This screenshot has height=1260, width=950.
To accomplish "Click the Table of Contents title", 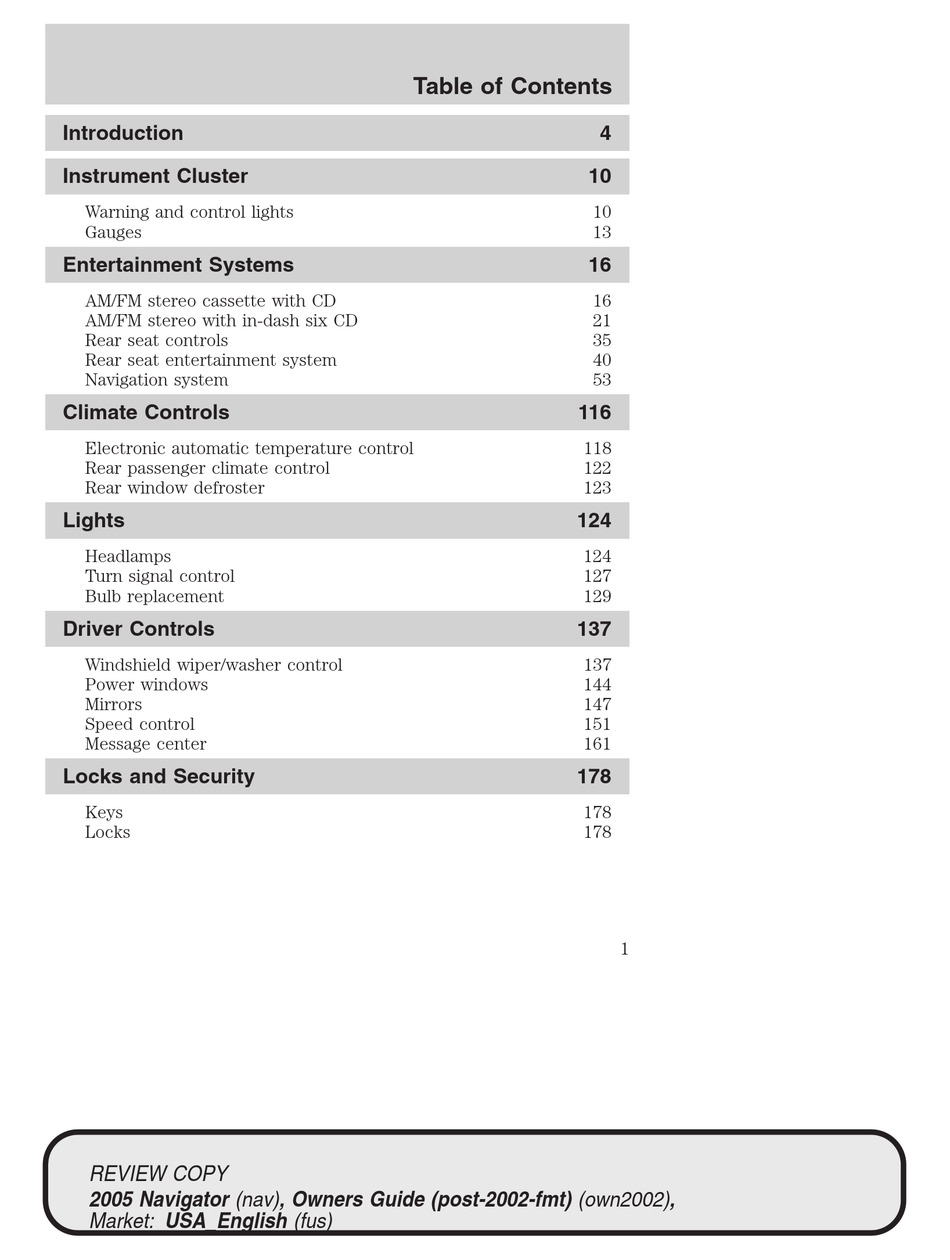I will point(512,87).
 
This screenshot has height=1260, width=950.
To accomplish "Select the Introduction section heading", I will point(123,133).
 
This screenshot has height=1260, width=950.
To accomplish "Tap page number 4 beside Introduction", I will point(605,133).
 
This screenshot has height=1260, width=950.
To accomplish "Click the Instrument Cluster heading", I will point(155,176).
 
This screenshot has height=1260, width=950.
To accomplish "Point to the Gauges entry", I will point(113,232).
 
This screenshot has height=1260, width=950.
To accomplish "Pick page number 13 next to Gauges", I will point(601,232).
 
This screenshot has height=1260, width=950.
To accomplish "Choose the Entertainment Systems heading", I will point(178,265).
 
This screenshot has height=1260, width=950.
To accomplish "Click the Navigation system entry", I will point(156,380).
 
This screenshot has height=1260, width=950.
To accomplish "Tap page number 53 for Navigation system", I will point(601,380).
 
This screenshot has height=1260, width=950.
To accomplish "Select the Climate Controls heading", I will point(146,412).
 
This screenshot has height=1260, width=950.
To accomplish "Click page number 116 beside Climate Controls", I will point(594,412).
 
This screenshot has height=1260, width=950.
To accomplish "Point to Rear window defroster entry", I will point(175,488).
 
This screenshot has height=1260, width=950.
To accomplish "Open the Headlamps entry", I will point(128,556).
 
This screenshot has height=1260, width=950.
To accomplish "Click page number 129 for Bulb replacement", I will point(597,596).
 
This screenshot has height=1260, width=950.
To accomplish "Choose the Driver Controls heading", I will point(138,629).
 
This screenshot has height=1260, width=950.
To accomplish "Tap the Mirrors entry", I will point(113,704).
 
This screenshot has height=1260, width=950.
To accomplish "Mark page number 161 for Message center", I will point(597,744).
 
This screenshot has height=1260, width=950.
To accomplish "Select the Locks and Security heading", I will point(158,776).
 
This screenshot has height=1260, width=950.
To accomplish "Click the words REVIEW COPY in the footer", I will point(159,1173).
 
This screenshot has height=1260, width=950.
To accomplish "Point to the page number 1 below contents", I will point(624,949).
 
